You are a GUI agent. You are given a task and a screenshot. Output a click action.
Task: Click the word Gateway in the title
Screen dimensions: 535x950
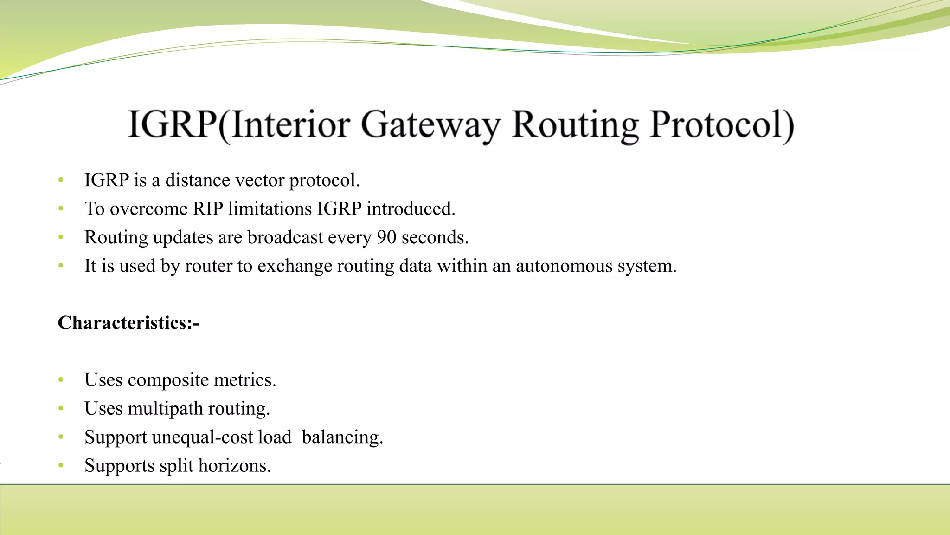point(430,124)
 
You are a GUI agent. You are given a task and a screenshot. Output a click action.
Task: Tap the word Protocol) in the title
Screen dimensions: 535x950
point(722,124)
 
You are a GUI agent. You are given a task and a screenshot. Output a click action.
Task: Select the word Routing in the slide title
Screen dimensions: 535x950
point(575,124)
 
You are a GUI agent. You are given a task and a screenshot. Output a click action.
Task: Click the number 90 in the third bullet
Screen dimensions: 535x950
point(386,237)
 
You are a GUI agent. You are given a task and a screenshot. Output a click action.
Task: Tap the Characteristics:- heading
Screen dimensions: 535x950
point(128,323)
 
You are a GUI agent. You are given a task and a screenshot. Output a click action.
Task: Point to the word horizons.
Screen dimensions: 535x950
point(234,466)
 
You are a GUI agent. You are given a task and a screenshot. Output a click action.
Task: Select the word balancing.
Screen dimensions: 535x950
point(342,437)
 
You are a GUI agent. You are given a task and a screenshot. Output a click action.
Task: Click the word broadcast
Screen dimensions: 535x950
point(285,237)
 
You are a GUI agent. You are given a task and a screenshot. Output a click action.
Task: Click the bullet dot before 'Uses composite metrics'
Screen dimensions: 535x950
point(61,380)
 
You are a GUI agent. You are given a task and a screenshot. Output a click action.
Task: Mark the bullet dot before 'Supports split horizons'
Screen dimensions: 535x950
point(61,466)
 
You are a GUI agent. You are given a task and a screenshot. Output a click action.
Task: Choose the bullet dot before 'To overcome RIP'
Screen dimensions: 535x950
point(61,209)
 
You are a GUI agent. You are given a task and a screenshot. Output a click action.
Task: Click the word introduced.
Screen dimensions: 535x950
point(411,209)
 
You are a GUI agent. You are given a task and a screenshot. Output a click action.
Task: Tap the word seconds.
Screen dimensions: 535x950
point(435,237)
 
